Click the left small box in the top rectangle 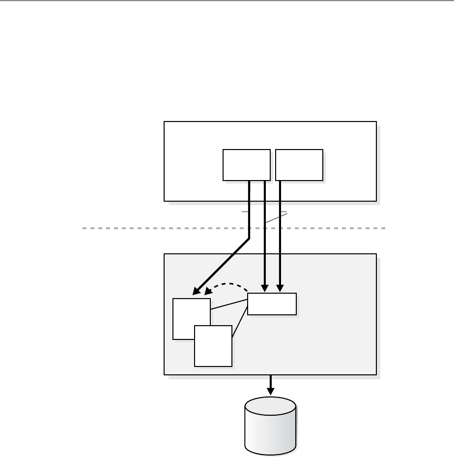tap(246, 165)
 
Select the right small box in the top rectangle tap(299, 165)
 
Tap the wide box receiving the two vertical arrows tap(272, 304)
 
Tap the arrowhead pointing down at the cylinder tap(270, 392)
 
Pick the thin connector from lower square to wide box tap(239, 322)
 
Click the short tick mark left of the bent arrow tap(245, 212)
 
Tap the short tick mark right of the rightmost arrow tap(284, 212)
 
